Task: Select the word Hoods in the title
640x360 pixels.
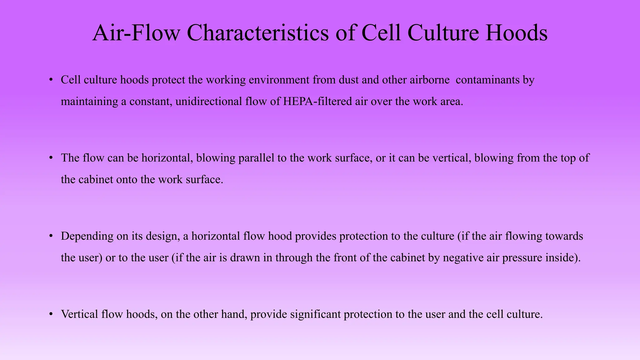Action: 516,33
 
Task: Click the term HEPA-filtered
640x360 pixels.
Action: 317,102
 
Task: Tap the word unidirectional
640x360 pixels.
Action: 208,102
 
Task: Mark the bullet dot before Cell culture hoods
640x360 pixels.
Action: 51,80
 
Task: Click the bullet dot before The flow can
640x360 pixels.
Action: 51,158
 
